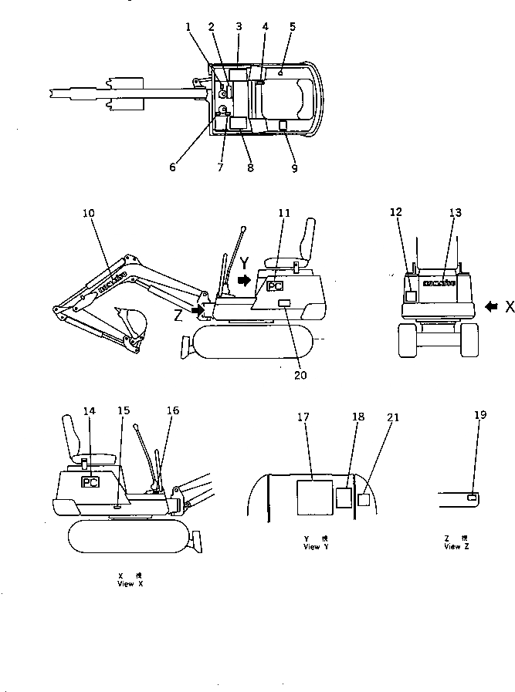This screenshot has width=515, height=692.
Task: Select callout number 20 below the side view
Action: pos(300,376)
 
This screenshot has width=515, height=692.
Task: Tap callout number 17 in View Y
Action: pos(303,417)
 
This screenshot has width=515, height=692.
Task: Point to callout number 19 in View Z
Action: pos(481,414)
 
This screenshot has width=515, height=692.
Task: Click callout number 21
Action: pos(393,417)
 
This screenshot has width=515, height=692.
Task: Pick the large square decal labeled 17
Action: pos(314,495)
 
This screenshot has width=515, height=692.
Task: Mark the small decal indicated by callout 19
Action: pos(471,498)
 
